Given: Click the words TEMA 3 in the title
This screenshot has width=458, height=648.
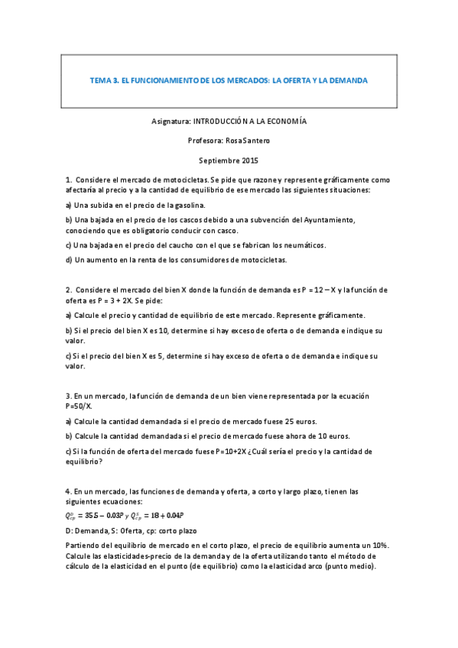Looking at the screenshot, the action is pyautogui.click(x=102, y=79).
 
